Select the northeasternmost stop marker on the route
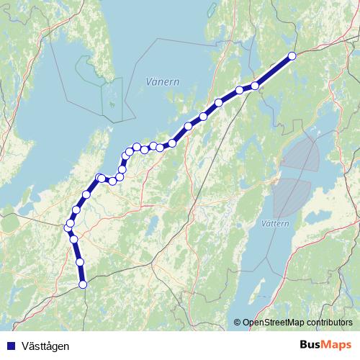click(292, 55)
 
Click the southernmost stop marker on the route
click(82, 284)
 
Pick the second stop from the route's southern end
click(80, 262)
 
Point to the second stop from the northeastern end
click(255, 86)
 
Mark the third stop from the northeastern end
click(239, 90)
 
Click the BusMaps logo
click(328, 346)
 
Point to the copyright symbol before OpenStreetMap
click(238, 323)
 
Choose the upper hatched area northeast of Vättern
click(301, 154)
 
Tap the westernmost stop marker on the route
click(68, 228)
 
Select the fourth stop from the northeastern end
click(219, 102)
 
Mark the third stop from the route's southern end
click(74, 239)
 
